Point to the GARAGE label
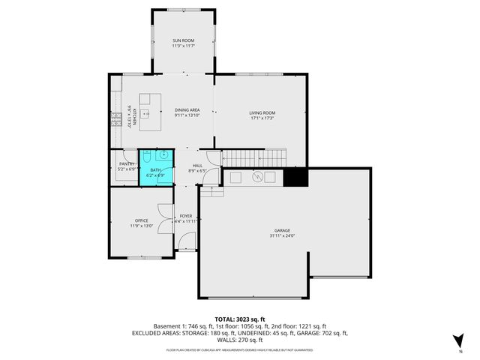pyautogui.click(x=282, y=230)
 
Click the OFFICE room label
pyautogui.click(x=142, y=220)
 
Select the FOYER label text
pyautogui.click(x=185, y=216)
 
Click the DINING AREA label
pyautogui.click(x=187, y=109)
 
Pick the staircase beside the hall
pyautogui.click(x=256, y=158)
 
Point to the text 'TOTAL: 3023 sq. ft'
pyautogui.click(x=239, y=319)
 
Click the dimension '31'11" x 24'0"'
pyautogui.click(x=282, y=235)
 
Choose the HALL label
pyautogui.click(x=197, y=166)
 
